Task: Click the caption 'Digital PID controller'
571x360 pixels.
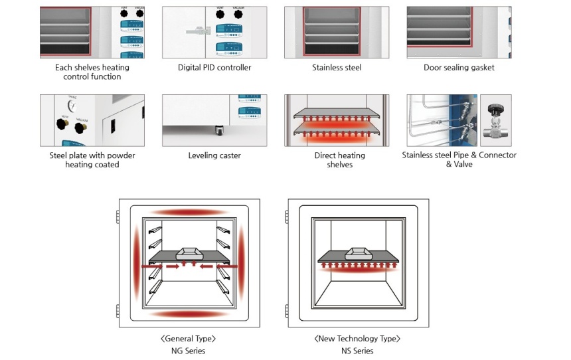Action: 214,67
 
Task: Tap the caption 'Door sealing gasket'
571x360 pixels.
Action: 459,67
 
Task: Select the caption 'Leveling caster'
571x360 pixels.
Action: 214,155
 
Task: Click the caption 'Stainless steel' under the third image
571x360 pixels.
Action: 337,67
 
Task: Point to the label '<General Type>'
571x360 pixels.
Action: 188,339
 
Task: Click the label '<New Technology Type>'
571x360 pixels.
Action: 357,339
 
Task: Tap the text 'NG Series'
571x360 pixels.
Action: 188,351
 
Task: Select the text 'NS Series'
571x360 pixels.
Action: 357,351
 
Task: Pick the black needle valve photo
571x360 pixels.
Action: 495,120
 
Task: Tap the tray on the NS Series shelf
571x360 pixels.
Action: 357,253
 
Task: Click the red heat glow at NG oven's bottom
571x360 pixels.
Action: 188,314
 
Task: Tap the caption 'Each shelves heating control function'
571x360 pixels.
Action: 92,72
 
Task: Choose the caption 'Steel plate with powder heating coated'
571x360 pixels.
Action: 92,159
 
